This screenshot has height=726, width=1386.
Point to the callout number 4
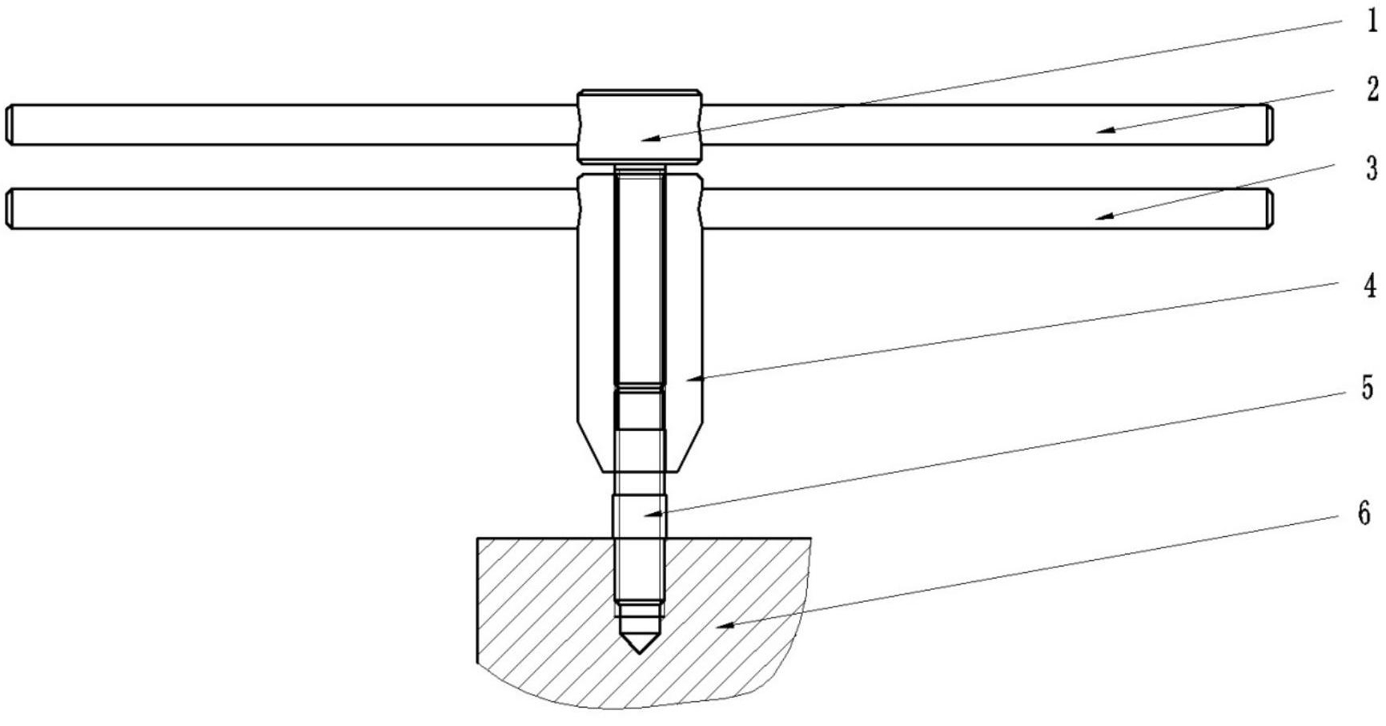[x=1371, y=286]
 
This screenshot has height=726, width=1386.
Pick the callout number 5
[x=1368, y=389]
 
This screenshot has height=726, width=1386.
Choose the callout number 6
[x=1364, y=513]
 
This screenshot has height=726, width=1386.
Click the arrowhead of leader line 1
[x=649, y=139]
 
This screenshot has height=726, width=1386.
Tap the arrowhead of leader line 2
[x=1106, y=130]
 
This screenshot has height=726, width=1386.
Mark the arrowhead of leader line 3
[x=1106, y=216]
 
